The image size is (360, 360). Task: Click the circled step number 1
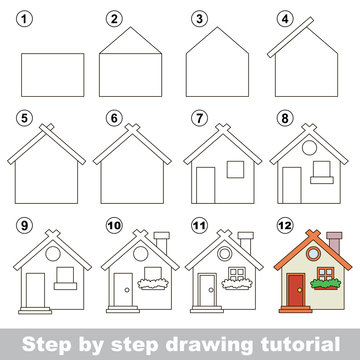coord(27,18)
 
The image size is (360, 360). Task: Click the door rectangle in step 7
coord(206,184)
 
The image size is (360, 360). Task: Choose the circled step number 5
coord(27,118)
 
